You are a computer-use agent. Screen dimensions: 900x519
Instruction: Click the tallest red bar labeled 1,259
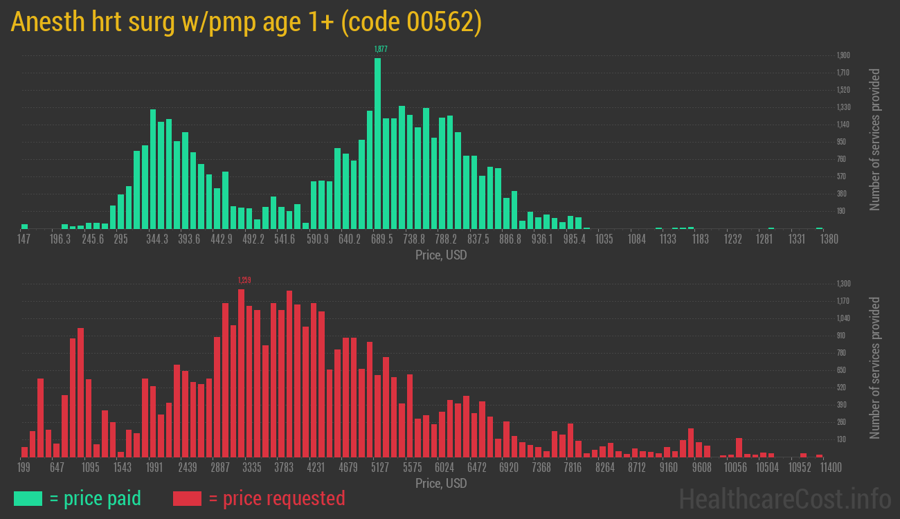click(x=241, y=373)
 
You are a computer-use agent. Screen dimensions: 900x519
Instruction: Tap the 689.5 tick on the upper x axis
click(x=381, y=239)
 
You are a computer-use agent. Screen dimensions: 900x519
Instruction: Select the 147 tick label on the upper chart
click(x=24, y=239)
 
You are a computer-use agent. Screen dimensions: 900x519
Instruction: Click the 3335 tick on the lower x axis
click(x=252, y=468)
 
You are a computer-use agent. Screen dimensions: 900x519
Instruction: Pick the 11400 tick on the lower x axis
click(x=820, y=468)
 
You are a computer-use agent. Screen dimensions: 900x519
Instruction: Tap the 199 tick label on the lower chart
click(x=24, y=468)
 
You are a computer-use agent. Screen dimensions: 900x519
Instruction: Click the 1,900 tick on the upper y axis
click(x=843, y=55)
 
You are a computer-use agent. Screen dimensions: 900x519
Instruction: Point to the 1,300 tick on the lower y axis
click(x=843, y=284)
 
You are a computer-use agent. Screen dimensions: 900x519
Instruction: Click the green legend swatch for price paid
click(x=28, y=498)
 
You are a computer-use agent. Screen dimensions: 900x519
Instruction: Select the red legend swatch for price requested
click(x=187, y=498)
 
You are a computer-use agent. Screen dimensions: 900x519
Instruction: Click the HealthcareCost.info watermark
click(x=784, y=498)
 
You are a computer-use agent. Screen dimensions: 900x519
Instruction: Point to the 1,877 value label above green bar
click(x=380, y=49)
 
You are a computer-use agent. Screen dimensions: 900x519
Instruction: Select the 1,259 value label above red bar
click(x=244, y=280)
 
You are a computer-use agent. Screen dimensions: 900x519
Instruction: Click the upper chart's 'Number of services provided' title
click(x=875, y=139)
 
